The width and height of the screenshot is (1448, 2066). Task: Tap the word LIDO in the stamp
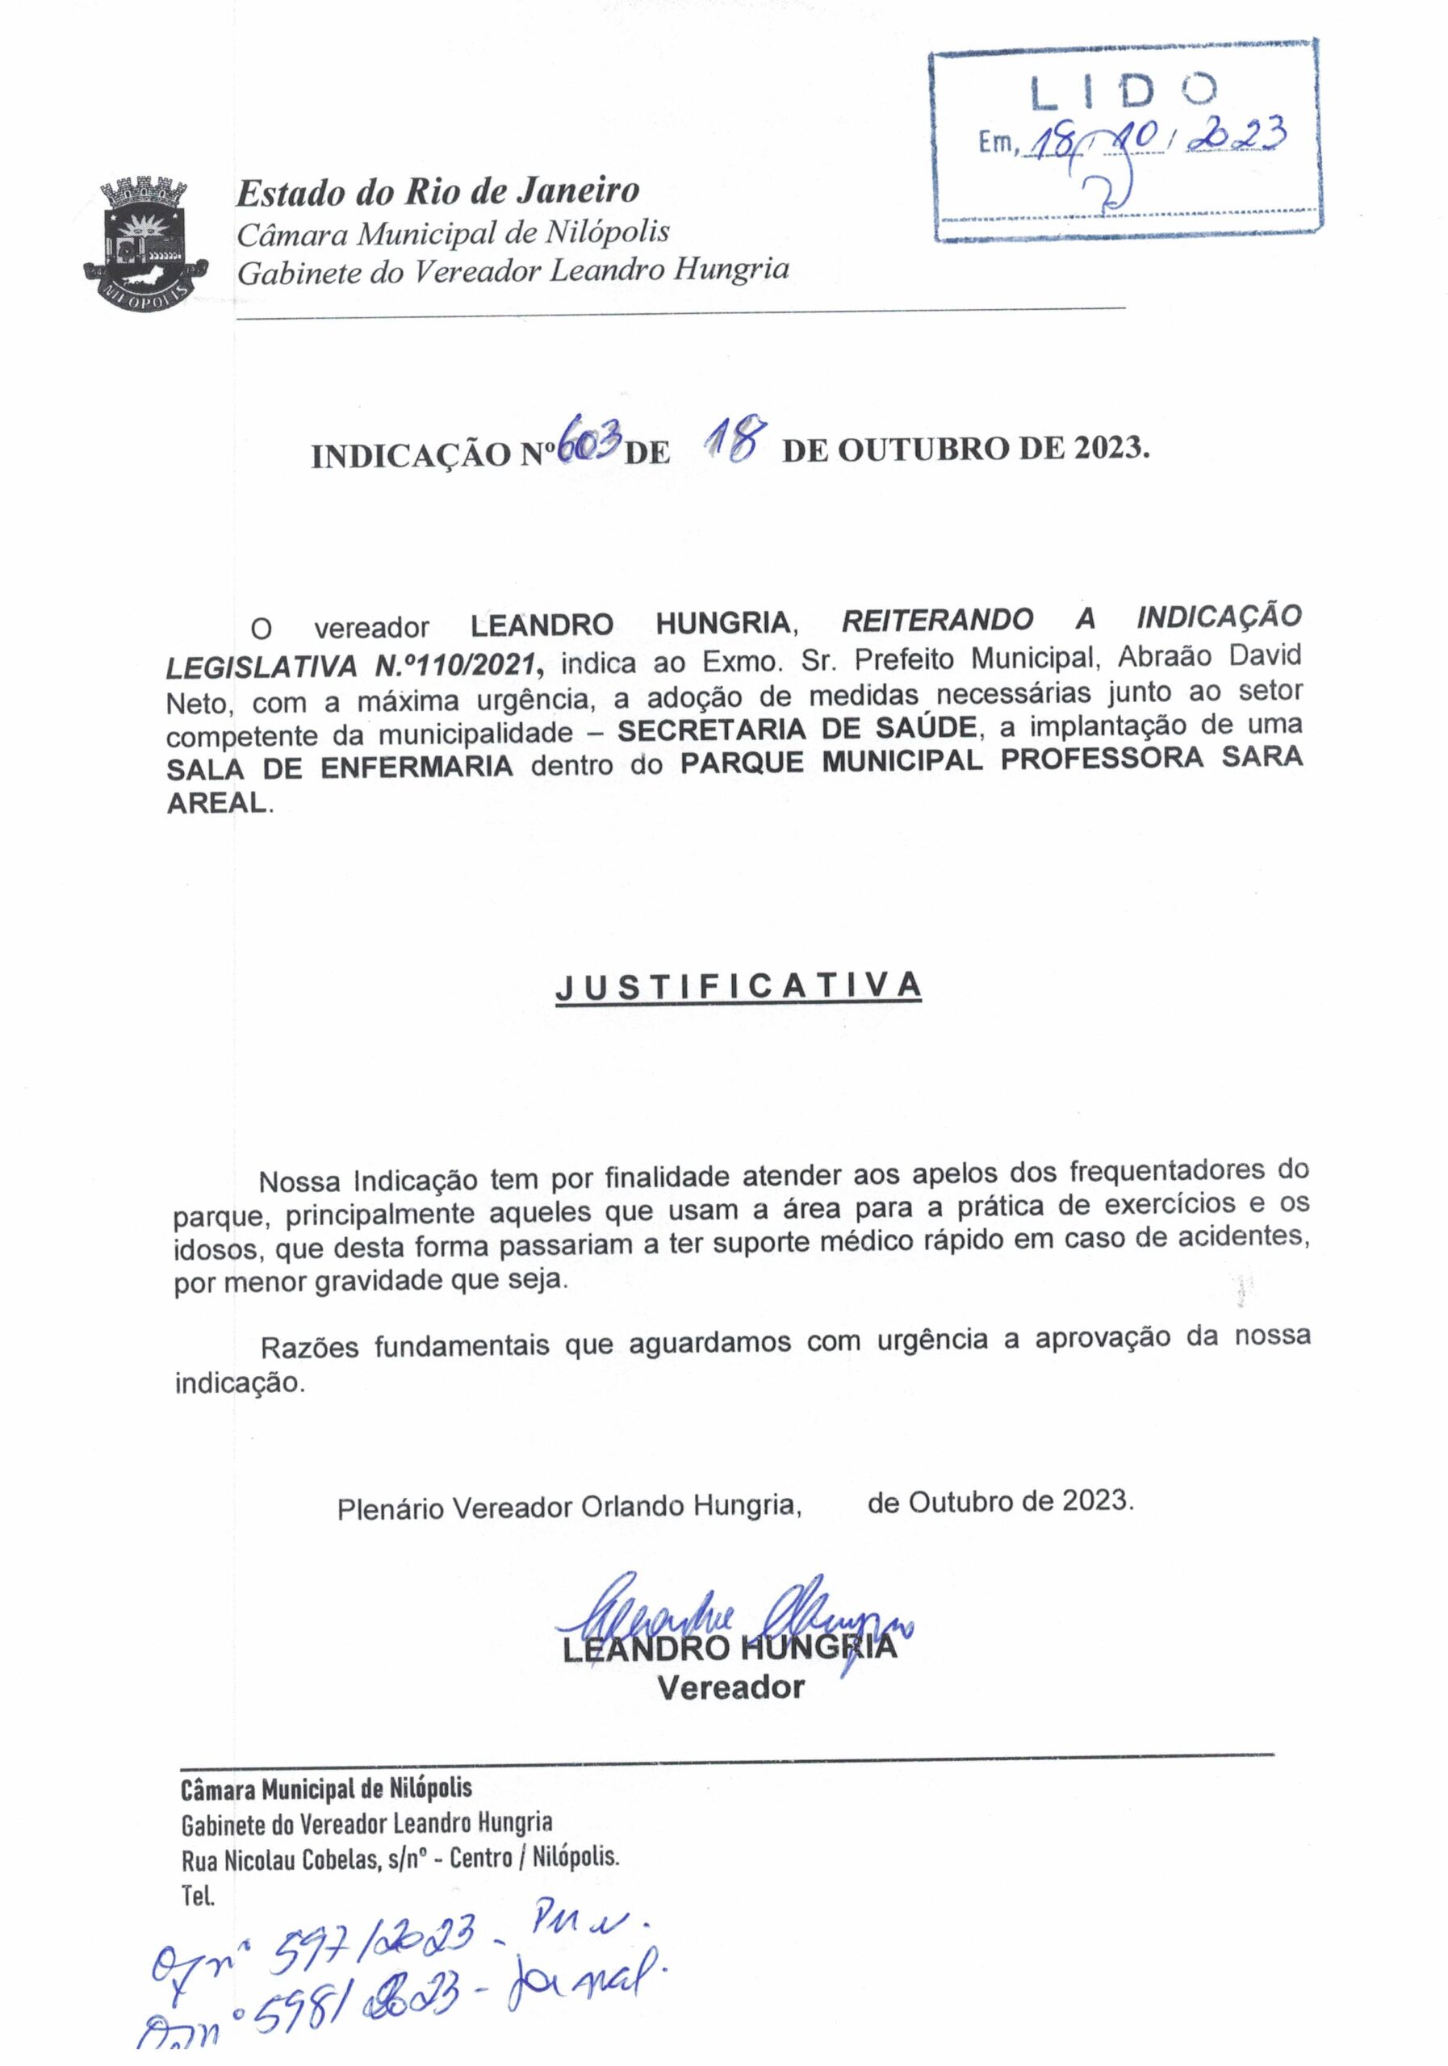point(1124,92)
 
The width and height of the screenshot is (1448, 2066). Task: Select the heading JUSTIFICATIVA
point(738,986)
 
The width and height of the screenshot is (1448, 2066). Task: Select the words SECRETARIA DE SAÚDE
point(796,728)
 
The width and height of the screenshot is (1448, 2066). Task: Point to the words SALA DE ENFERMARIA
point(339,767)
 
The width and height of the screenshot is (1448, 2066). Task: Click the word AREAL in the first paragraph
point(217,803)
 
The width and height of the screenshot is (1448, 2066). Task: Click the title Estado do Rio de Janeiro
point(437,190)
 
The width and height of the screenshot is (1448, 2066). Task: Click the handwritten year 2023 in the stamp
point(1237,135)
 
